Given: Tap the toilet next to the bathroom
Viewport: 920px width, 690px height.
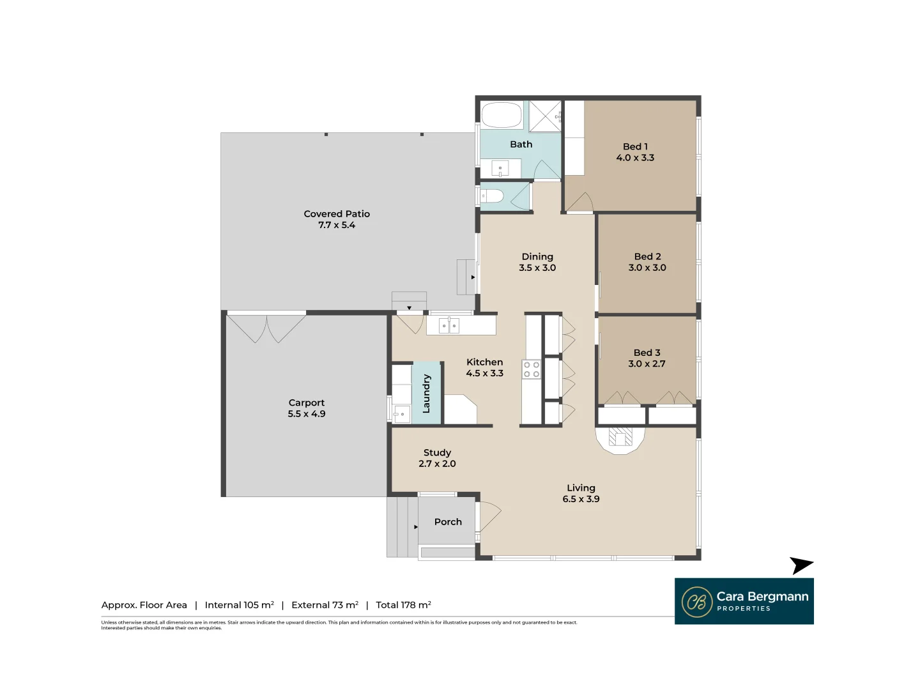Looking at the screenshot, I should point(493,196).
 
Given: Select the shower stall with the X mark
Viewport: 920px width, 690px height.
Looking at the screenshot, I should point(545,116).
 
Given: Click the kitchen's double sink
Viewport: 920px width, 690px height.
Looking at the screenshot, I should point(449,326).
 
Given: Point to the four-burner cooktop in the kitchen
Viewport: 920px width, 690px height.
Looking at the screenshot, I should point(532,369).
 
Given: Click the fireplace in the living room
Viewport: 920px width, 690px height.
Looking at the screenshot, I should point(620,438).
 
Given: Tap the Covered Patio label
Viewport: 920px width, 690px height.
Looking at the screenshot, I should point(337,214).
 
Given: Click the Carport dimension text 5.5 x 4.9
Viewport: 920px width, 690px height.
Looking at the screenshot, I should point(307,414).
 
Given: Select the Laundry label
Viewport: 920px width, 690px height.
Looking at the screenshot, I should point(427,394).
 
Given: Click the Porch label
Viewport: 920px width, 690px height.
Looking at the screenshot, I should point(448,522).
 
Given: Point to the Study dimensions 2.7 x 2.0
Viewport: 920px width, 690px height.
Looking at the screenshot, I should point(437,464).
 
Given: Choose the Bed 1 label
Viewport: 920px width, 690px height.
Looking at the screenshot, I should point(635,146).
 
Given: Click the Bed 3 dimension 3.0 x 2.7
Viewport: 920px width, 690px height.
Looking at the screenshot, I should point(647,364).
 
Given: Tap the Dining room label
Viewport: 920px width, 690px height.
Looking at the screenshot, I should point(537,257).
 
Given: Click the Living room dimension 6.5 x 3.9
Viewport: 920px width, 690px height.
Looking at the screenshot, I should point(581,499).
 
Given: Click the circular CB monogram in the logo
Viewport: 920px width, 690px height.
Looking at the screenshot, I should point(697,602).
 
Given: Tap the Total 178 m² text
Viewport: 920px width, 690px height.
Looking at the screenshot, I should point(403,605).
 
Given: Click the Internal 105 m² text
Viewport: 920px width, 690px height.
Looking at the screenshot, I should point(239,605).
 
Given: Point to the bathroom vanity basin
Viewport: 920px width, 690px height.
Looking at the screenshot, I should point(500,169).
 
